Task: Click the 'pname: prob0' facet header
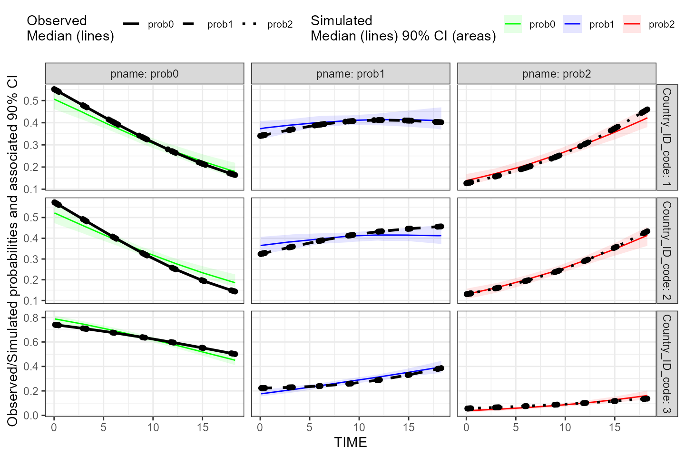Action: (x=144, y=74)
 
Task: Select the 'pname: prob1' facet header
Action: (x=350, y=74)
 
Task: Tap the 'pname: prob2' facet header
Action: (x=557, y=74)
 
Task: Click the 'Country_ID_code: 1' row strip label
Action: (x=666, y=137)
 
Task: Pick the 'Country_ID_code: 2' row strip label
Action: (x=666, y=250)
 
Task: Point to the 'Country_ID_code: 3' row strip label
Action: (x=666, y=364)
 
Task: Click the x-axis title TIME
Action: (x=350, y=442)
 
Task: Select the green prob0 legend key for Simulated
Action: (x=513, y=24)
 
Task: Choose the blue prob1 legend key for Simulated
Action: (x=572, y=24)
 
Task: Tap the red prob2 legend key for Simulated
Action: (x=632, y=24)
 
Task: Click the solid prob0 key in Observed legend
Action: (x=131, y=24)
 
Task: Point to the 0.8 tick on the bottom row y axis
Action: (x=32, y=318)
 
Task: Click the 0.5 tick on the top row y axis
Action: (x=32, y=100)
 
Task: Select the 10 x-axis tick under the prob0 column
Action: (x=153, y=427)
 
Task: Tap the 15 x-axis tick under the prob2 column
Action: (x=615, y=427)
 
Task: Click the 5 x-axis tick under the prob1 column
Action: (x=309, y=427)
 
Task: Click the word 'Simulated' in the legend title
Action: (x=341, y=20)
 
